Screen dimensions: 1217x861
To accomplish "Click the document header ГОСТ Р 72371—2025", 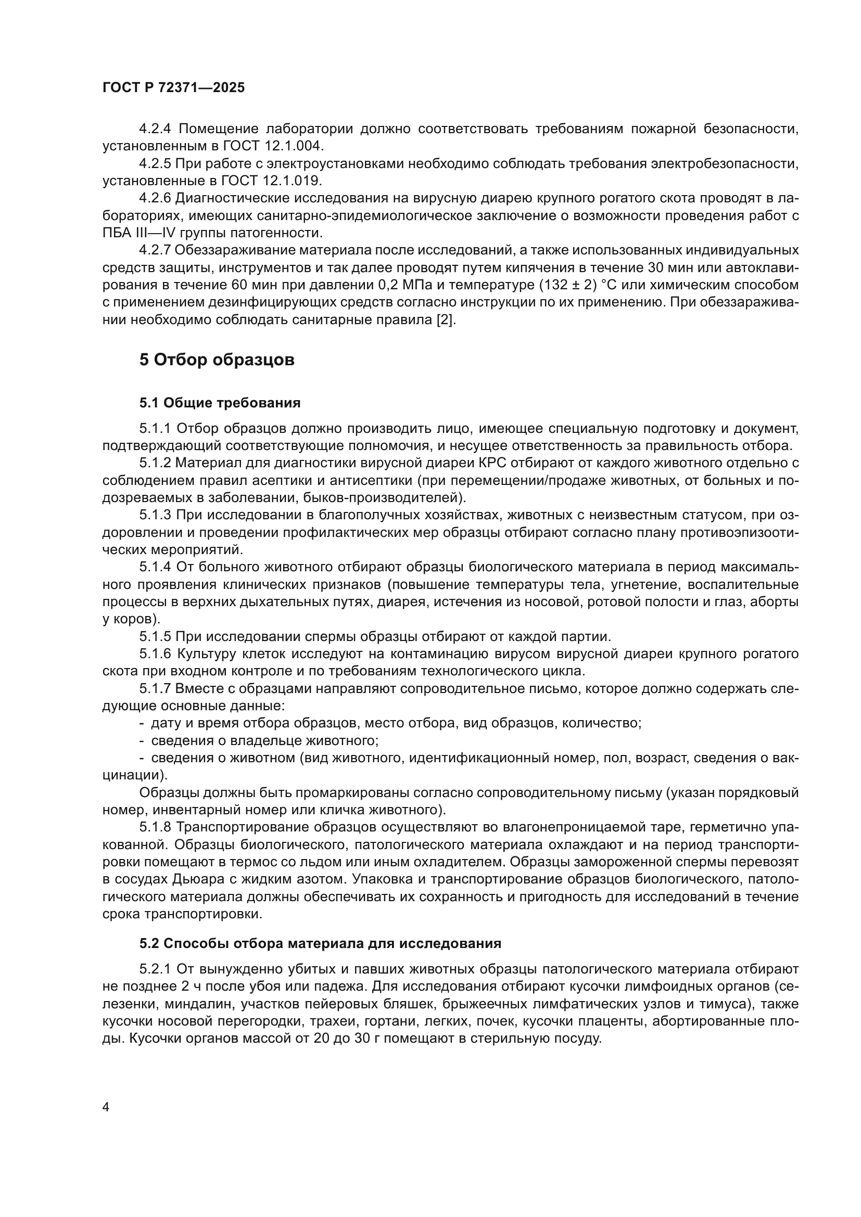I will (x=173, y=88).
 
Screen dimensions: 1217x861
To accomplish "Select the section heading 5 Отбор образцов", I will (x=217, y=360).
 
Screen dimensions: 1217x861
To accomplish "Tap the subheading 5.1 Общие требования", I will (x=220, y=403).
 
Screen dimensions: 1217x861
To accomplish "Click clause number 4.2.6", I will (x=155, y=198).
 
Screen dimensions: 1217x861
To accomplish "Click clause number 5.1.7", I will (x=155, y=688).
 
